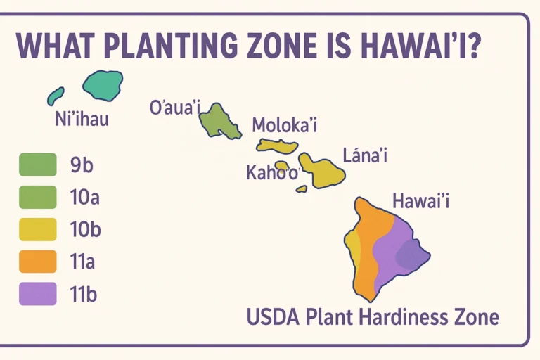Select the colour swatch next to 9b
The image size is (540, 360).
tap(37, 165)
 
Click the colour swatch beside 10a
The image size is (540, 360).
tap(37, 197)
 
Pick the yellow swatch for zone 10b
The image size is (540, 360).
tap(37, 229)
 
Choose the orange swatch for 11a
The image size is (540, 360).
tap(37, 262)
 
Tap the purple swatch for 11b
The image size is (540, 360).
tap(37, 293)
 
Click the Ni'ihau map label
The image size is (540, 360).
tap(82, 119)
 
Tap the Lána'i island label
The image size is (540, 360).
tap(365, 155)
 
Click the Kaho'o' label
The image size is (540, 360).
tap(273, 173)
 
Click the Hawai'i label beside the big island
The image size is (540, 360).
tap(420, 202)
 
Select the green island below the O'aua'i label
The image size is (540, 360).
tap(220, 122)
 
